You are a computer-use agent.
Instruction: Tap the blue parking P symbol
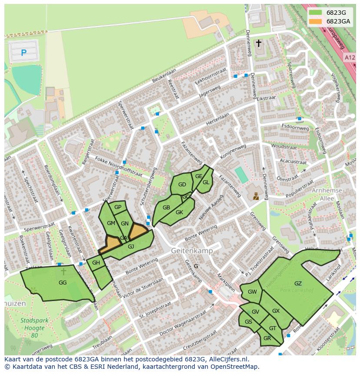pos(23,53)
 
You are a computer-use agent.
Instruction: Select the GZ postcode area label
pos(298,284)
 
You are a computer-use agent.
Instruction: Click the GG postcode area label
pos(63,282)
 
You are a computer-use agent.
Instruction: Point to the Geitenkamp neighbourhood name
pos(191,251)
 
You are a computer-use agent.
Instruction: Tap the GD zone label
pos(182,185)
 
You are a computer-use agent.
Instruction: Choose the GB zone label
pos(166,208)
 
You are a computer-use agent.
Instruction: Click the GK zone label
pos(179,212)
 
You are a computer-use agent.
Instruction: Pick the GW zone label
pos(252,292)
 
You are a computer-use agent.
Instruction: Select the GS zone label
pos(248,322)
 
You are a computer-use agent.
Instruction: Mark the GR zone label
pos(267,338)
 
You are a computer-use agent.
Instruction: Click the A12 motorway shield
pos(350,57)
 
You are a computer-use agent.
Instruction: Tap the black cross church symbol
pos(259,43)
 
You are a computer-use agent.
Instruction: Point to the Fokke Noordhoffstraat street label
pos(118,166)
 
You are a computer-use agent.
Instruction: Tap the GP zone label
pos(118,207)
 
